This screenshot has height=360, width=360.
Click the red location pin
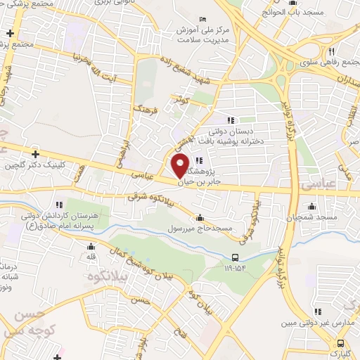tap(181, 166)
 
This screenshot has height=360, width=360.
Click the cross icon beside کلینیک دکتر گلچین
tap(35, 153)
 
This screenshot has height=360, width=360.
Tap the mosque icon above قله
tap(90, 247)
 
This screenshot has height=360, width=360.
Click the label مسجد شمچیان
tap(312, 218)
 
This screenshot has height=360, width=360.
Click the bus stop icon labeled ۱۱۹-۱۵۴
tap(235, 257)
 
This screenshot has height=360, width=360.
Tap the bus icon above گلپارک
tap(341, 344)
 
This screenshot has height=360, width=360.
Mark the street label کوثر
tap(183, 101)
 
